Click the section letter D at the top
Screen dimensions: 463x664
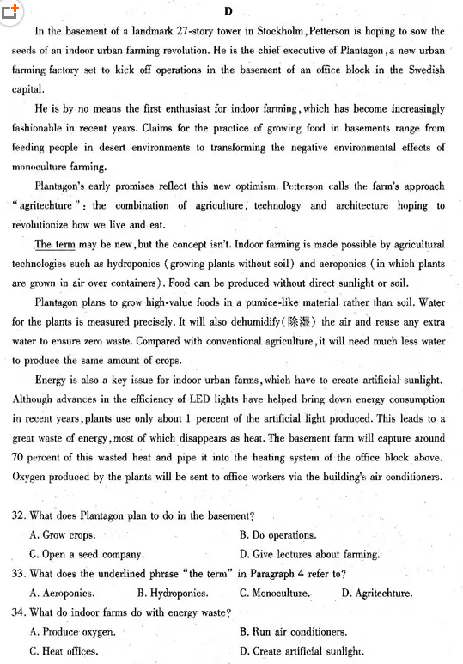click(228, 11)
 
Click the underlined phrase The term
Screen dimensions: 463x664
click(56, 245)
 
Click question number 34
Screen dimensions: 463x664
click(20, 612)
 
